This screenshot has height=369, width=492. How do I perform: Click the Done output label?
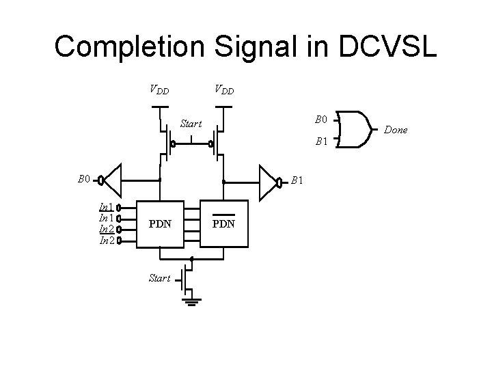[x=397, y=129]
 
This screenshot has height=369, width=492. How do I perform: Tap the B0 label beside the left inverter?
[x=84, y=179]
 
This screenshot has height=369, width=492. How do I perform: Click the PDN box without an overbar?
[x=160, y=223]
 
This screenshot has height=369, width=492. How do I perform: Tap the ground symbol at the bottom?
[x=191, y=301]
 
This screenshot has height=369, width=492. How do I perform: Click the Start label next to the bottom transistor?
[x=159, y=278]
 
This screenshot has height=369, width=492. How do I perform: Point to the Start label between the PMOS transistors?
[x=191, y=124]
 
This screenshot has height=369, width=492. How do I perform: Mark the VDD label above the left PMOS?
[x=160, y=89]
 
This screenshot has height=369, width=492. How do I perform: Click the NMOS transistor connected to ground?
[x=185, y=277]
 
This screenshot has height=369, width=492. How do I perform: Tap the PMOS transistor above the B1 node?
[x=216, y=143]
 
